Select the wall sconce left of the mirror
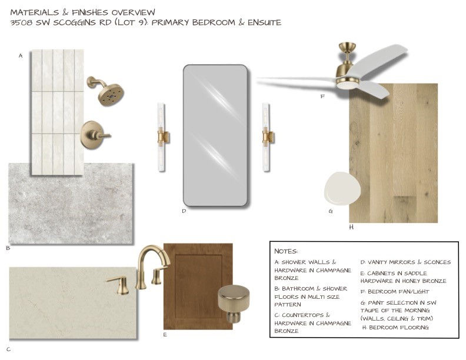[x=162, y=137]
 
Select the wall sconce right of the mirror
[x=267, y=137]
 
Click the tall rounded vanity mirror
[x=215, y=135]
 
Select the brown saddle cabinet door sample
[x=198, y=286]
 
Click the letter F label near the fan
[x=322, y=96]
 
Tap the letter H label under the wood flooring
[x=351, y=227]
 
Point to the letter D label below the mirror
[x=184, y=211]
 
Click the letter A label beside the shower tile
[x=21, y=55]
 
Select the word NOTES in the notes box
[x=286, y=251]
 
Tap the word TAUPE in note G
[x=370, y=311]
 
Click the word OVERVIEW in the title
[x=133, y=12]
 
